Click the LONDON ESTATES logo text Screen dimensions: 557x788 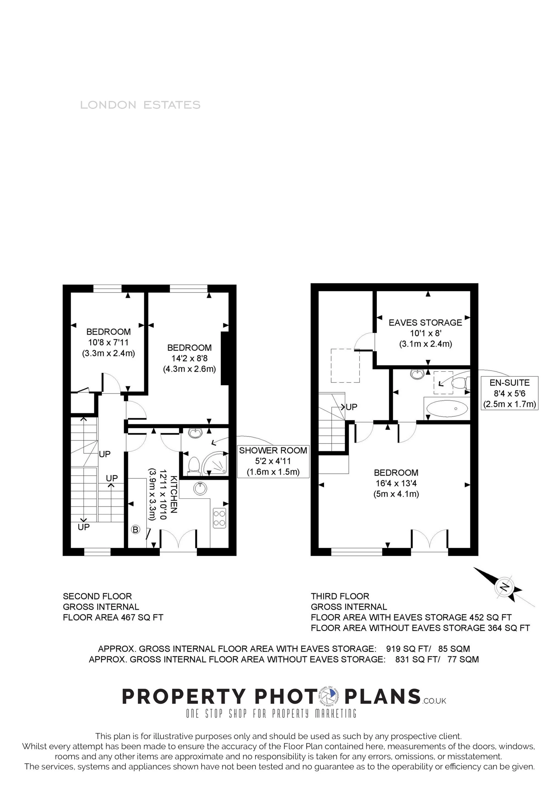coord(140,105)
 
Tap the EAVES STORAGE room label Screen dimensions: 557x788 coord(425,323)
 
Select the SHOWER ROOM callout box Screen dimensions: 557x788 coord(273,461)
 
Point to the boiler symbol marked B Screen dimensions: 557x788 coord(136,530)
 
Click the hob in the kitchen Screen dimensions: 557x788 coord(219,518)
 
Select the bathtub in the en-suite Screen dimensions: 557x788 coord(446,408)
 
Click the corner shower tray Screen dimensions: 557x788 coord(215,464)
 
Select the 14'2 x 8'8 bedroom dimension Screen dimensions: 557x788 coord(189,359)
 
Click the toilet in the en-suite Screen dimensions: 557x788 coord(460,382)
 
